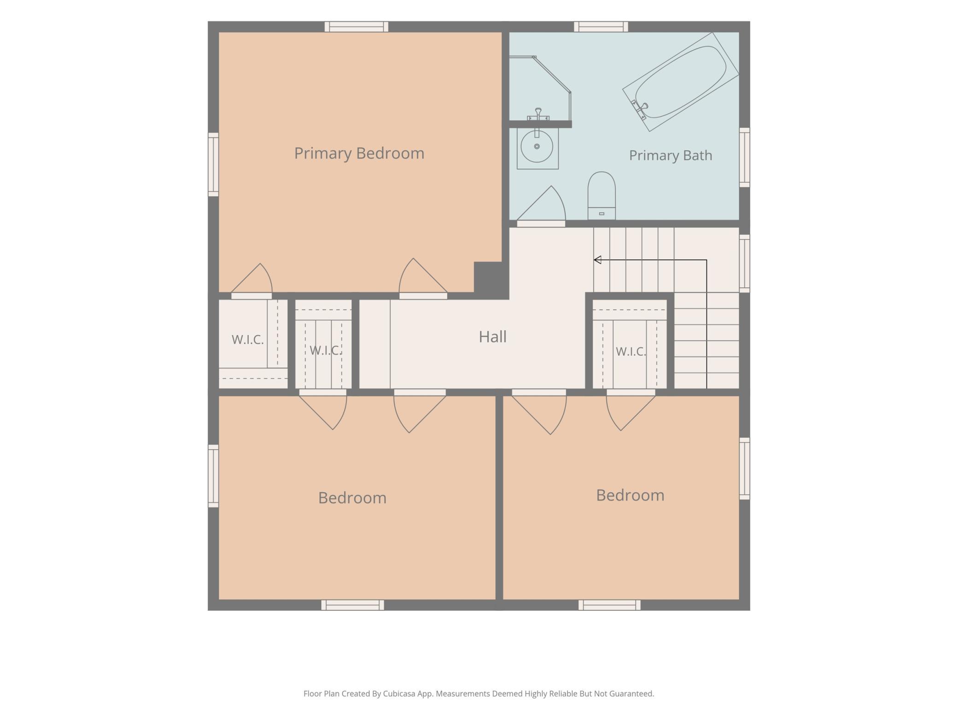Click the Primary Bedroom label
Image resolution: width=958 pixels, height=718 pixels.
click(359, 153)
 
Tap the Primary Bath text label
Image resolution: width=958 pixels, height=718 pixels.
click(671, 156)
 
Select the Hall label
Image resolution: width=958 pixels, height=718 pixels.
click(492, 337)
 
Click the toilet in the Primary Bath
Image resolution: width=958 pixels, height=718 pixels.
click(602, 196)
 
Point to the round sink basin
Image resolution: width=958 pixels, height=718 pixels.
click(537, 146)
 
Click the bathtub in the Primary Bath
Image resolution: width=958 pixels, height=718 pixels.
click(681, 82)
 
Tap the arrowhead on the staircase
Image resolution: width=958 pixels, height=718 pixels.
click(598, 260)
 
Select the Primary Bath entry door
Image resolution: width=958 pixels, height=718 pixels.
click(541, 205)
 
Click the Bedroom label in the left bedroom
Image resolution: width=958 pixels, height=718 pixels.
click(352, 498)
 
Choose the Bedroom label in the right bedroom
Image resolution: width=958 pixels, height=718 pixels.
click(630, 495)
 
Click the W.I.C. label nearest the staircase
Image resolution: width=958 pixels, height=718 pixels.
click(631, 352)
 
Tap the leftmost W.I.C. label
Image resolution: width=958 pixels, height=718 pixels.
click(248, 340)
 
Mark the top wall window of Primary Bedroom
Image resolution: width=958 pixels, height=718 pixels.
click(356, 27)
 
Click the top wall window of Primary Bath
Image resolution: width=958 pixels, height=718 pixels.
click(601, 27)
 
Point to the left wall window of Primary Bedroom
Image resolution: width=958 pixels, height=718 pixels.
click(213, 164)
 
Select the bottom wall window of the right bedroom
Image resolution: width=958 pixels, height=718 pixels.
click(609, 605)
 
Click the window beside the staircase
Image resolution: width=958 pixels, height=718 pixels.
click(744, 263)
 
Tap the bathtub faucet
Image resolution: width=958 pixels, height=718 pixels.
click(640, 110)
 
